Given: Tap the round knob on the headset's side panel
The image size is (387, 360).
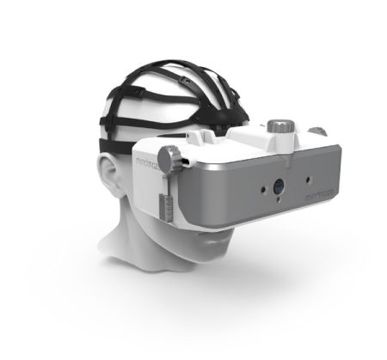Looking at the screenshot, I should (x=175, y=157).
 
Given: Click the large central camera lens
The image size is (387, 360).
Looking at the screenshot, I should (x=279, y=185).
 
